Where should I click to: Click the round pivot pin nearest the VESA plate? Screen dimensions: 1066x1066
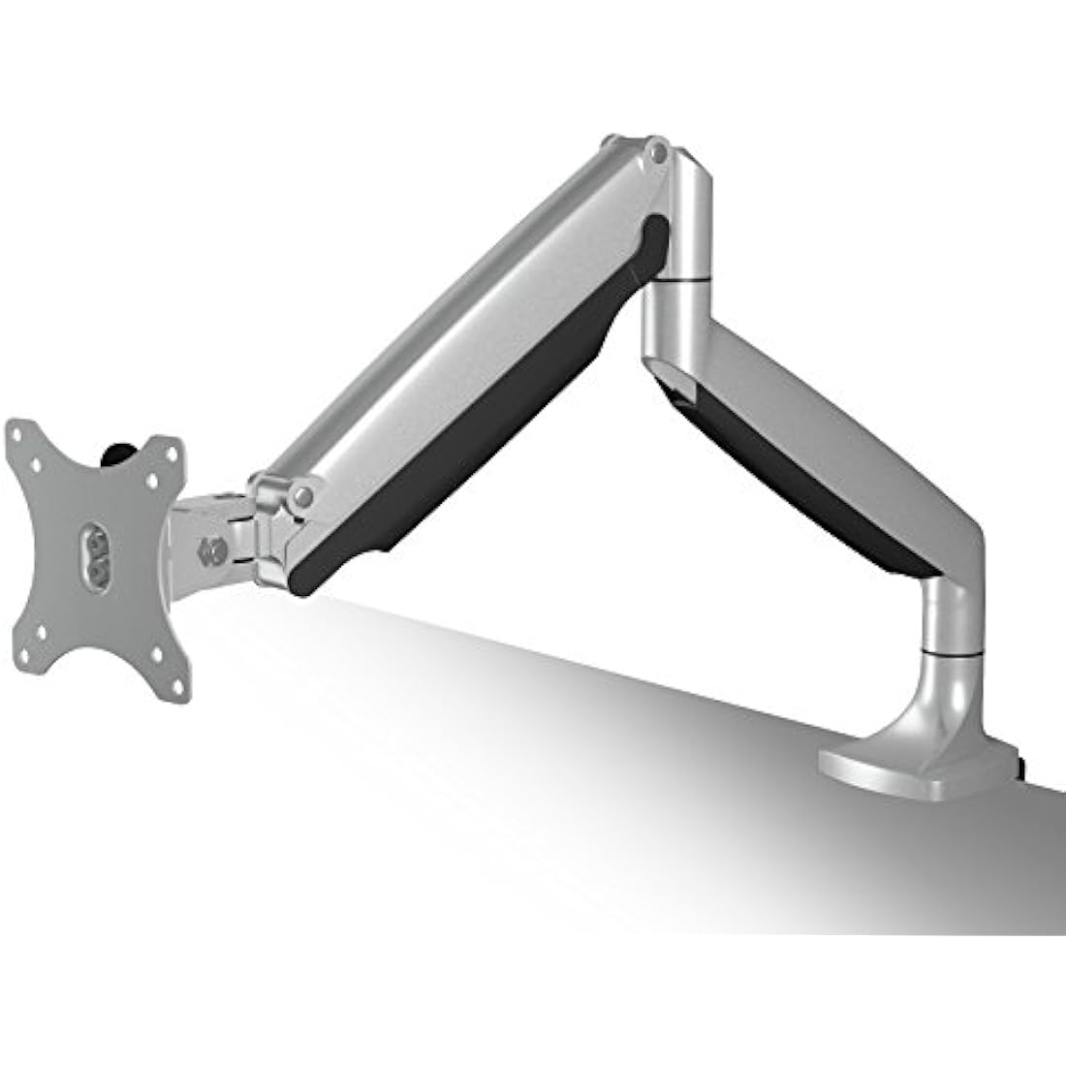click(x=303, y=496)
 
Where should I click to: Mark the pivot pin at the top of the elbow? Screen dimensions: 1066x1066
click(x=659, y=152)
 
